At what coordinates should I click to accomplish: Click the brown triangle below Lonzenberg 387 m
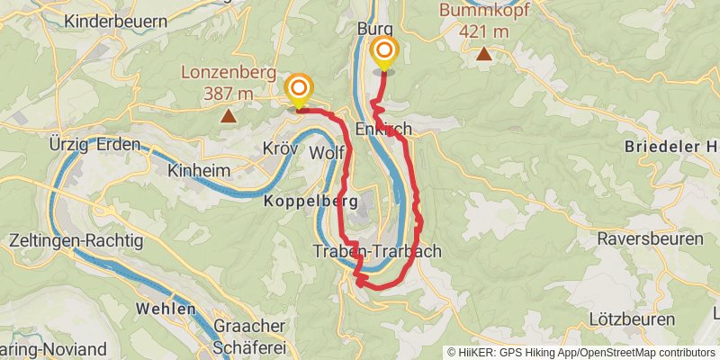(x=229, y=115)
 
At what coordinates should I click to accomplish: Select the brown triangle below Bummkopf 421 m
(x=484, y=54)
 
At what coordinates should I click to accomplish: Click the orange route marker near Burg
(x=384, y=51)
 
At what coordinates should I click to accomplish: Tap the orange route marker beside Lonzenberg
(x=298, y=88)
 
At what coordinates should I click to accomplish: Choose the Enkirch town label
(x=384, y=130)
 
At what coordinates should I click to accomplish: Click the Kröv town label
(x=280, y=148)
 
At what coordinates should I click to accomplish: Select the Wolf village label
(x=328, y=153)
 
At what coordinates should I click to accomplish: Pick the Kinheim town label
(x=200, y=170)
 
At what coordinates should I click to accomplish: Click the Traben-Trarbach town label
(x=378, y=252)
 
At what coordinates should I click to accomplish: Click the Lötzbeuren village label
(x=631, y=319)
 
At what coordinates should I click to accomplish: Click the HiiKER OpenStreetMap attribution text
(x=581, y=352)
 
